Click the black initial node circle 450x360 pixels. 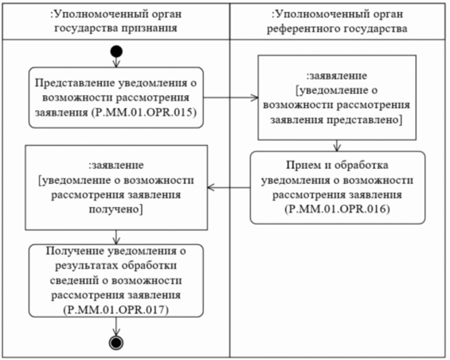click(x=116, y=51)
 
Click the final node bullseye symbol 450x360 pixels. click(x=116, y=342)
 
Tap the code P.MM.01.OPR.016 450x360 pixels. click(x=338, y=206)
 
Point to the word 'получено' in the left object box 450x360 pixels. click(x=116, y=208)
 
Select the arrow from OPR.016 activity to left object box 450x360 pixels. click(x=228, y=187)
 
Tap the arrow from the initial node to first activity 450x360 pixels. click(x=116, y=62)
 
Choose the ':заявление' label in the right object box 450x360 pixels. click(x=337, y=76)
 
